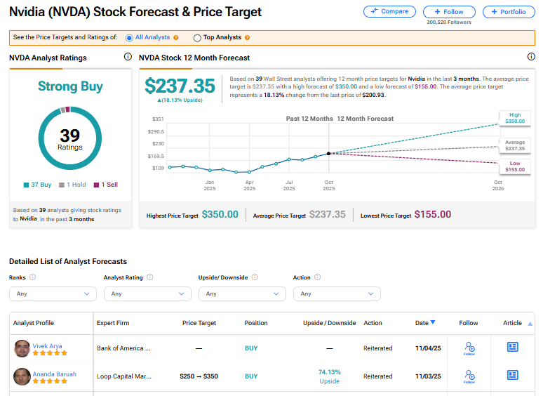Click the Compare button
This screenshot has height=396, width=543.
tap(389, 12)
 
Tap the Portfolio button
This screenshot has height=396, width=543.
tap(508, 12)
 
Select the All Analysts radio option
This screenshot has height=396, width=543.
tap(129, 37)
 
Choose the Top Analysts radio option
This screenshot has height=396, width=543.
tap(197, 37)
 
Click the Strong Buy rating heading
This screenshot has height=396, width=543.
tap(70, 86)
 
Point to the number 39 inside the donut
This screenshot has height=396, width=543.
tap(70, 135)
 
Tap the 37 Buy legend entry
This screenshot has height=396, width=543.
tap(37, 185)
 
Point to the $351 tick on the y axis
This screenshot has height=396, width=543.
tap(157, 119)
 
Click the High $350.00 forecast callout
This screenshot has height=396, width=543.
tap(514, 118)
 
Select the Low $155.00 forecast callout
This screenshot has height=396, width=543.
tap(514, 166)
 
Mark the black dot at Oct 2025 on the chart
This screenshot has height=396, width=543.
tap(328, 153)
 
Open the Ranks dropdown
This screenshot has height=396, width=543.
tap(53, 293)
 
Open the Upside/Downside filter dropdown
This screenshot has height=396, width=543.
tap(241, 293)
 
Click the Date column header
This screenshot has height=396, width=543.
tap(424, 323)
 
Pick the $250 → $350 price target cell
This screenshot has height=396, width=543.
tap(199, 376)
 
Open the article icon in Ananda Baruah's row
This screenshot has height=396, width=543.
tap(512, 376)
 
